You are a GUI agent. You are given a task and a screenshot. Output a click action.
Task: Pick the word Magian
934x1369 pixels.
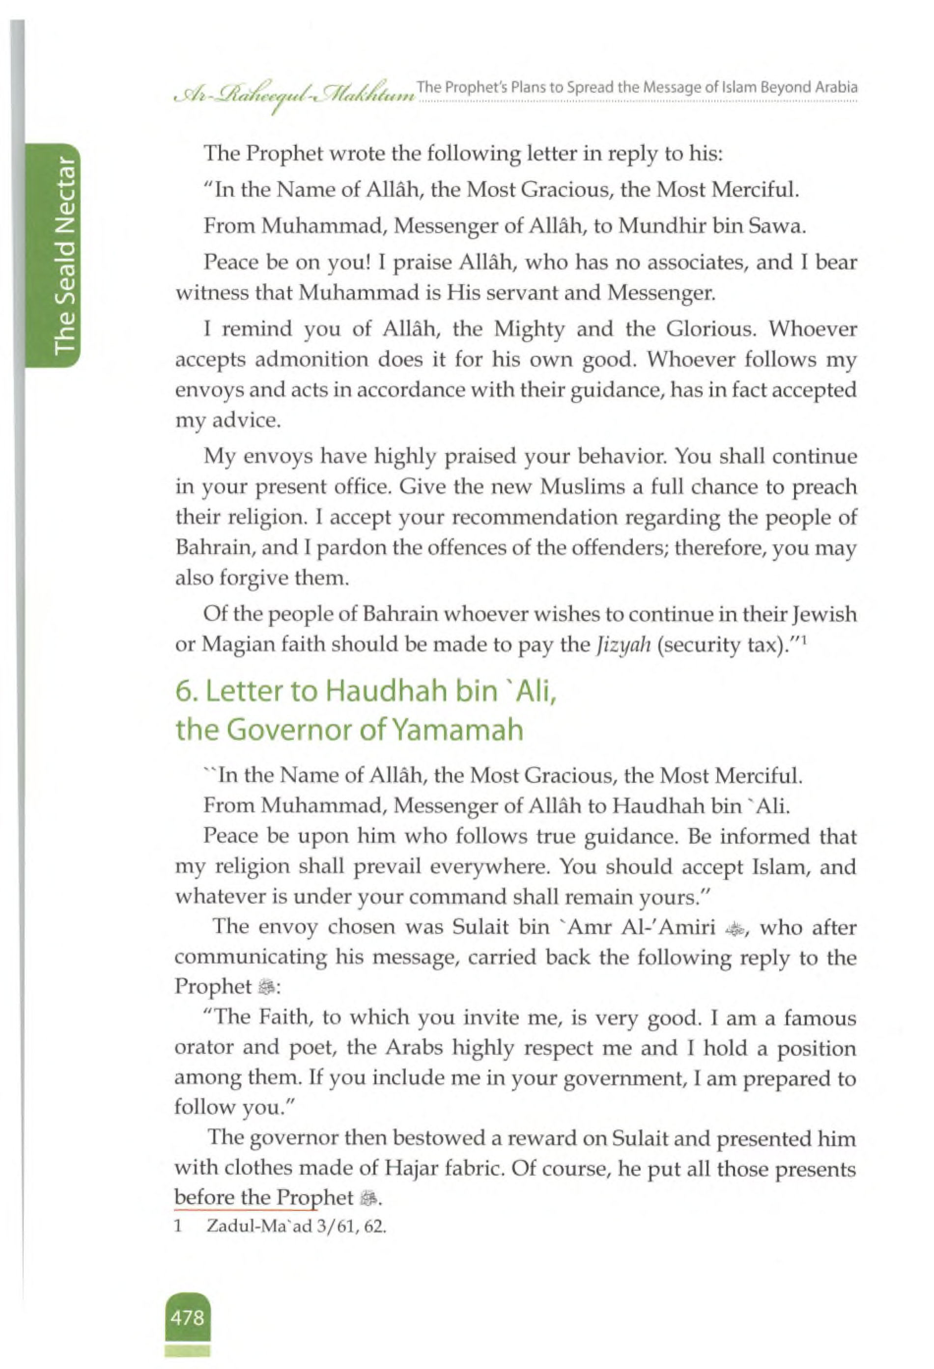(x=236, y=645)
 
